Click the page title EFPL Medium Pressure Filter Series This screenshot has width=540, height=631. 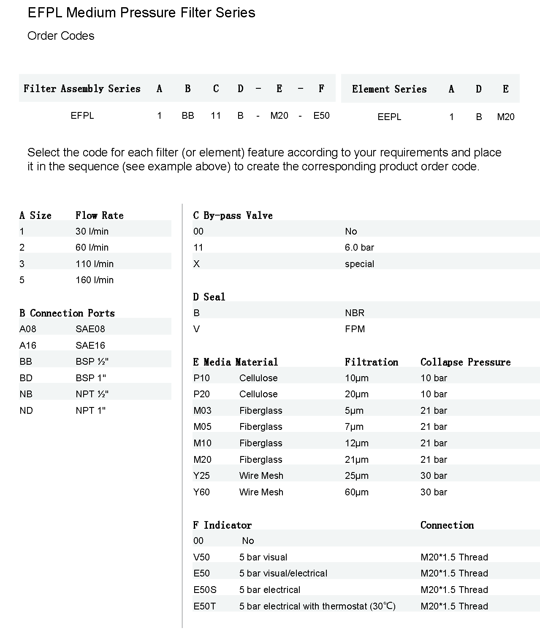(x=141, y=13)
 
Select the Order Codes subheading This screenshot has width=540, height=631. (x=61, y=36)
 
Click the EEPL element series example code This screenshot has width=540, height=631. (x=389, y=117)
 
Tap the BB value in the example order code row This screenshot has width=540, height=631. (x=187, y=116)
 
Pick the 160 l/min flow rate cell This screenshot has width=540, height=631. (x=94, y=280)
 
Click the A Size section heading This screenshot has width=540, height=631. (x=35, y=216)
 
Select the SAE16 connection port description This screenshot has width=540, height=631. (x=90, y=345)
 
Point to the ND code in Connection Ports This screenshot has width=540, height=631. (x=26, y=410)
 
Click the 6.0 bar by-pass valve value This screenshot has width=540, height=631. (x=359, y=247)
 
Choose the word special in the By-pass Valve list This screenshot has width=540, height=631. (x=359, y=264)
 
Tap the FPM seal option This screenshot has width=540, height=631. (x=355, y=329)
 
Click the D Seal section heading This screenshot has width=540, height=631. (x=209, y=297)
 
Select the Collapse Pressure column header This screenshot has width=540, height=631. (x=465, y=362)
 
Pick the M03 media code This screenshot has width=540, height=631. (x=202, y=410)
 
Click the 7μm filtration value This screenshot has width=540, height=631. (x=354, y=426)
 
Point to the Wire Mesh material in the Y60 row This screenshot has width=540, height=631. (x=261, y=492)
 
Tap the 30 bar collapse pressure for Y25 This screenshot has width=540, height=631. (x=433, y=475)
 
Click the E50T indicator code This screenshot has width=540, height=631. (x=204, y=606)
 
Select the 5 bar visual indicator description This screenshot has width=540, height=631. (x=263, y=557)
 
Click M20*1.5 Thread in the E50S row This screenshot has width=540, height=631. (x=454, y=590)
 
